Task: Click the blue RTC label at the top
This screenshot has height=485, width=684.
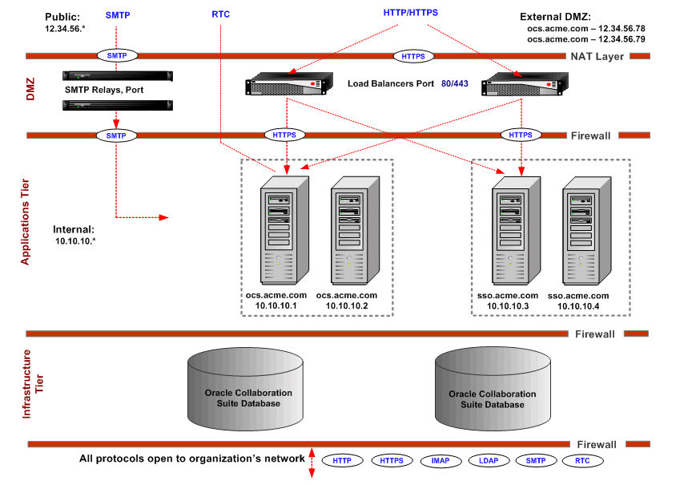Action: tap(220, 14)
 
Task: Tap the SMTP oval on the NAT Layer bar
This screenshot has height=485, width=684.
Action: tap(117, 56)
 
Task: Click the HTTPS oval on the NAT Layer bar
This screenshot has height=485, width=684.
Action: tap(413, 56)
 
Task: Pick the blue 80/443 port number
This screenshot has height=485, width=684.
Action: tap(457, 83)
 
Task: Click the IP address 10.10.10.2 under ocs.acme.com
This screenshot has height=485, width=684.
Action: tap(346, 306)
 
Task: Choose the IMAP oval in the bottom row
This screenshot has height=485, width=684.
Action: tap(440, 461)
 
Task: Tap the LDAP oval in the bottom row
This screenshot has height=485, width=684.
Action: tap(488, 461)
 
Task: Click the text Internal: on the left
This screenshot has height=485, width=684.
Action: tap(74, 228)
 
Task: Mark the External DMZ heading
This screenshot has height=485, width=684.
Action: tap(555, 17)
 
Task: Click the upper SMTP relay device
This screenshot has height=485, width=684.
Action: tap(118, 76)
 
